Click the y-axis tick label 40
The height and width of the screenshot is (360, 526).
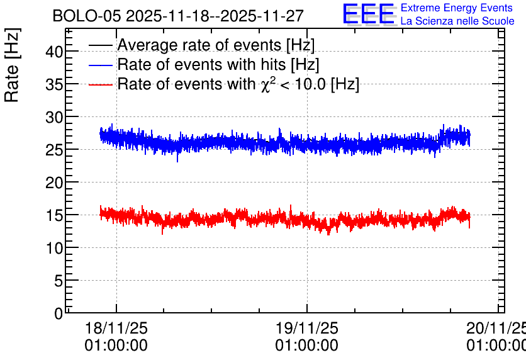[x=54, y=52]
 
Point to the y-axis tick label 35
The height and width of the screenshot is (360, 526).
[x=54, y=84]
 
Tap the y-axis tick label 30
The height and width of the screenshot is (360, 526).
[x=54, y=117]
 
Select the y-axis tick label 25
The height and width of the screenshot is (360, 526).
[x=54, y=150]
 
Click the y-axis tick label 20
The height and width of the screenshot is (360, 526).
[x=54, y=183]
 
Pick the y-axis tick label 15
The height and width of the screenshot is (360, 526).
[x=54, y=215]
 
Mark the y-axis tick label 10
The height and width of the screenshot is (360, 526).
[x=54, y=248]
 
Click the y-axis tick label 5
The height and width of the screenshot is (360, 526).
[x=59, y=281]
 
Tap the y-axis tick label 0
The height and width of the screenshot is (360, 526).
[x=59, y=313]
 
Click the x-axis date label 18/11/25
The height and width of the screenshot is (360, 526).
[x=116, y=328]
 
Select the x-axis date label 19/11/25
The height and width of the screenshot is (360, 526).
[x=307, y=328]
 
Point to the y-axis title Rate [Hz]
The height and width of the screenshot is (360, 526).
[x=12, y=65]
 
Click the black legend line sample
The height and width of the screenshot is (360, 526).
[x=100, y=45]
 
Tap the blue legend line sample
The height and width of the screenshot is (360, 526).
[x=100, y=65]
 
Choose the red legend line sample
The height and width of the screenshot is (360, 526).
[x=100, y=84]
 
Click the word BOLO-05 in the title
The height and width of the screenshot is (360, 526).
[x=87, y=16]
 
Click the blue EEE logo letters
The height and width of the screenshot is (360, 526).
[x=369, y=14]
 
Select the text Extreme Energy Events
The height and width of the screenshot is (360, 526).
[x=457, y=8]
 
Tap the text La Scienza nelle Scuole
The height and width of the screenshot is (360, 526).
[x=457, y=21]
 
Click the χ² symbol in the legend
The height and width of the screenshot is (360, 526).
[x=268, y=84]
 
